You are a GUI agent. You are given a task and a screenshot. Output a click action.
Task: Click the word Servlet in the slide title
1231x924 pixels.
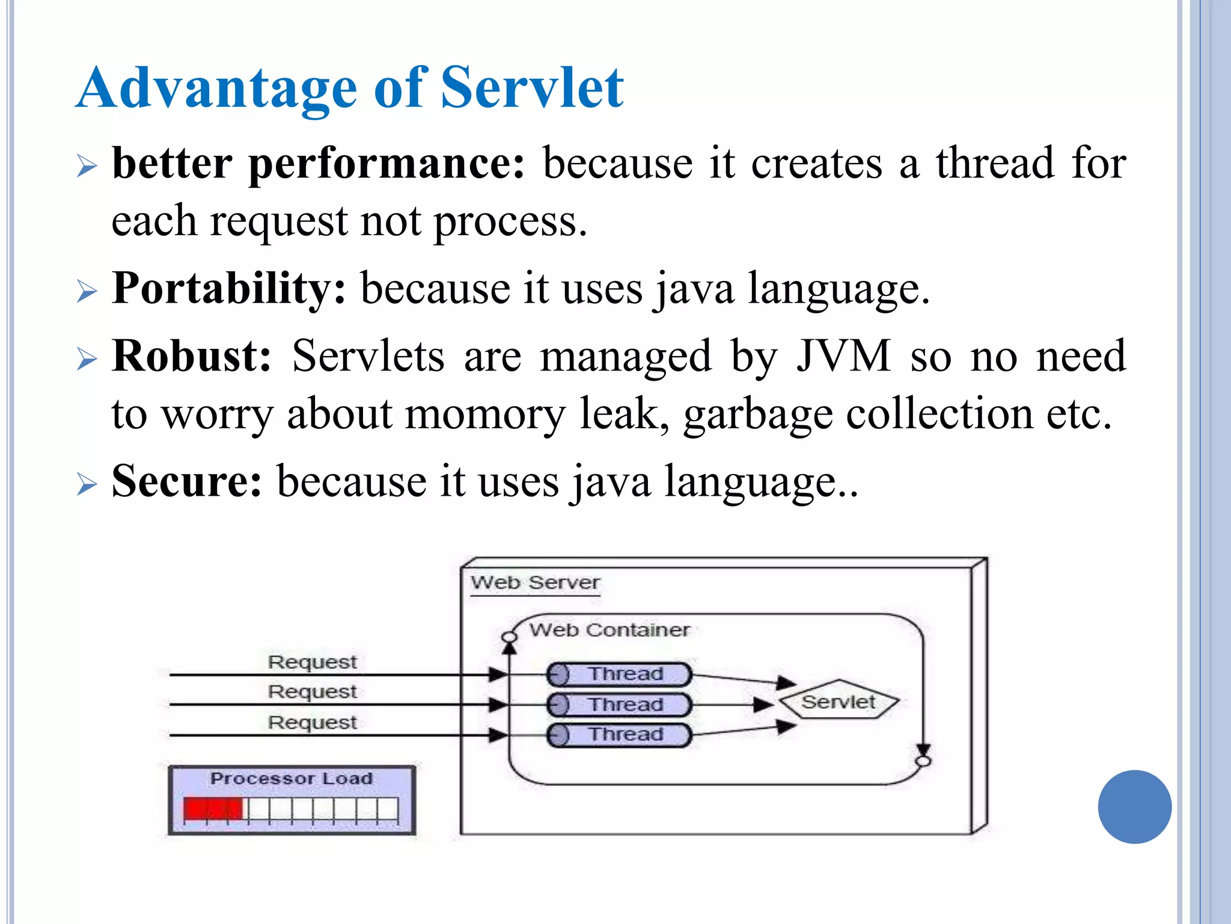point(533,88)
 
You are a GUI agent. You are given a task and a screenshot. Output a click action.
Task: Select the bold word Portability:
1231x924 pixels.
point(229,289)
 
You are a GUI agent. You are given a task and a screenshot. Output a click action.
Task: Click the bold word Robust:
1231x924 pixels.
point(192,356)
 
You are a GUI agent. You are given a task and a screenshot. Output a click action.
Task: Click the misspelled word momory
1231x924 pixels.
point(485,414)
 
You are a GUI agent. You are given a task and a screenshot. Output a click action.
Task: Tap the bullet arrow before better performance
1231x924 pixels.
point(87,165)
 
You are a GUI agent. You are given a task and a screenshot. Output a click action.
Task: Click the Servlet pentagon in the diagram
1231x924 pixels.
point(838,701)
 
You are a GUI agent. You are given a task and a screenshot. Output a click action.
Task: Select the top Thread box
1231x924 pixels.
point(619,674)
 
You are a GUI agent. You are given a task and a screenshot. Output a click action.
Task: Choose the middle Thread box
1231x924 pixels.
point(619,704)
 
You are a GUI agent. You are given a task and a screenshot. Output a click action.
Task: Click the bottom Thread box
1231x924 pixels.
point(619,735)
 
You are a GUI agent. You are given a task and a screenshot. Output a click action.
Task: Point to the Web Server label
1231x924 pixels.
point(535,582)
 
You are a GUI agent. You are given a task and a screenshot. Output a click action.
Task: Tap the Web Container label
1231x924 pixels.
point(609,630)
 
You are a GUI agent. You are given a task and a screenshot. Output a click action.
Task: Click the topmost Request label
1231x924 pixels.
point(312,662)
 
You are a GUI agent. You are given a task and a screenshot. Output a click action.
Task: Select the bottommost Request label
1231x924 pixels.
point(312,722)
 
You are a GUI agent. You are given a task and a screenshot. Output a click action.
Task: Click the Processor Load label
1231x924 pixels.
point(292,778)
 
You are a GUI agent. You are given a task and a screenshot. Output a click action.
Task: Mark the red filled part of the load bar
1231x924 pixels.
point(213,808)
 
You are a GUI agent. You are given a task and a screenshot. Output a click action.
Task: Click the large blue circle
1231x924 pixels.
point(1134,807)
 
